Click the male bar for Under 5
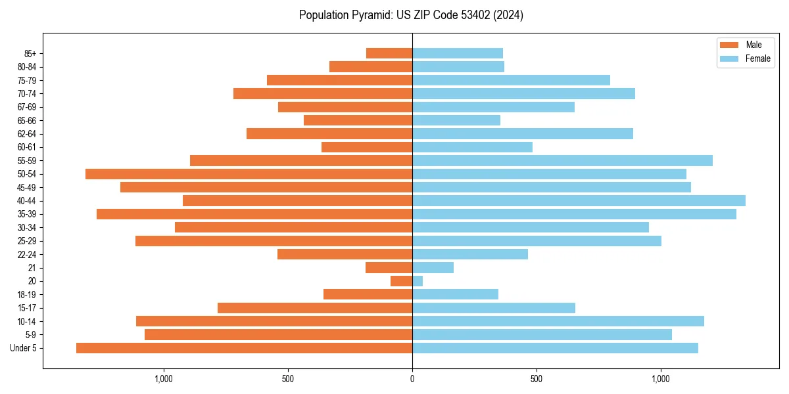[244, 348]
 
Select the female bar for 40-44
[579, 201]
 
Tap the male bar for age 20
[401, 281]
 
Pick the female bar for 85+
[458, 53]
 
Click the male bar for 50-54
[249, 174]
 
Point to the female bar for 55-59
[562, 161]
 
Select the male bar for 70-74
[323, 94]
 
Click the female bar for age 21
[433, 268]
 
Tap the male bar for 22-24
[345, 254]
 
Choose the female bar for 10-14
[558, 321]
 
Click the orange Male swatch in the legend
[729, 45]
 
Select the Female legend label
[757, 58]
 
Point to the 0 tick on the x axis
[412, 379]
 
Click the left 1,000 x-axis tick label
[163, 379]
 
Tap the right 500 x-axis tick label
[537, 379]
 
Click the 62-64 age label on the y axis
[27, 134]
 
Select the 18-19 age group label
[27, 295]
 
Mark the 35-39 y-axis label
[27, 215]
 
